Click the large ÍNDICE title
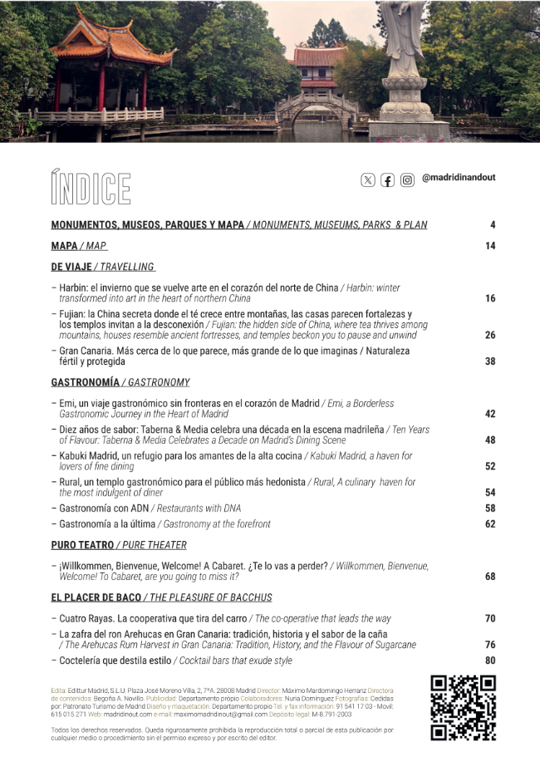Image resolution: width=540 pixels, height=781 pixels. tap(91, 188)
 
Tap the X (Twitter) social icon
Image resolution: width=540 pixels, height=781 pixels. tap(368, 179)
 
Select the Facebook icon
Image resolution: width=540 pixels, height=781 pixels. tap(387, 179)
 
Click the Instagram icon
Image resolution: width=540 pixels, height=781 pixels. tap(407, 179)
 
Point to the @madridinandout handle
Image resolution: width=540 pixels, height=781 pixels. tap(459, 178)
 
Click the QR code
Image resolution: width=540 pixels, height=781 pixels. tap(463, 707)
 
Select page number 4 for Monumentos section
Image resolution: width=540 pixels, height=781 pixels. tap(492, 225)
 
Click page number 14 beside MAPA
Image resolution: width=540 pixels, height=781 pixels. tap(490, 246)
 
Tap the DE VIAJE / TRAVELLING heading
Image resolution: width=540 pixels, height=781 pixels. tap(103, 267)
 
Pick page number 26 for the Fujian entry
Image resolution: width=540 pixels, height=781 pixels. tap(490, 335)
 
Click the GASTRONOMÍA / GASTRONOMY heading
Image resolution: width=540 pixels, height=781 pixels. tap(120, 382)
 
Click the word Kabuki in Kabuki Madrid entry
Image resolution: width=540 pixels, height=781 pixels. tap(76, 456)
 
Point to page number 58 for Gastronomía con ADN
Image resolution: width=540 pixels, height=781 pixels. tap(490, 508)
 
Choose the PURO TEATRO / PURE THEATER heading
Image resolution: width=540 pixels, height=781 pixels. tap(119, 545)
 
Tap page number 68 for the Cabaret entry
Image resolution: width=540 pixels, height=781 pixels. tap(490, 576)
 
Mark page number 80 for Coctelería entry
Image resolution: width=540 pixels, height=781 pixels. tap(490, 661)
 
